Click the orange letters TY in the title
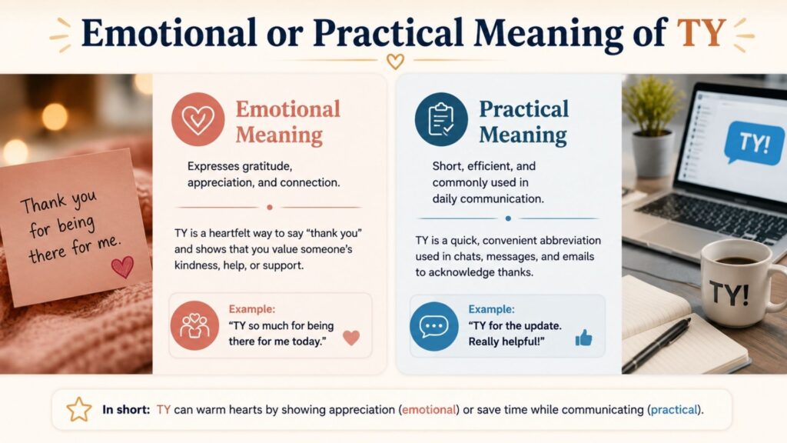(701, 32)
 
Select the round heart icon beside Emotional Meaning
(198, 119)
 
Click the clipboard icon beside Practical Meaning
(441, 119)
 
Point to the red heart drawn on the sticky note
(122, 267)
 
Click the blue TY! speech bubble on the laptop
(753, 142)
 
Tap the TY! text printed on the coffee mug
(729, 293)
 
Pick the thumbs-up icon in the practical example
(583, 338)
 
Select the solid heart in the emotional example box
(351, 338)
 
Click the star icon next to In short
(79, 409)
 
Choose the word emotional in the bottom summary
(429, 409)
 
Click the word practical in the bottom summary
(674, 409)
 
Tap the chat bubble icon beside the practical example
(434, 326)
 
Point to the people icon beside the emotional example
(194, 325)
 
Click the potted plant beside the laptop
(653, 125)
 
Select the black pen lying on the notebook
(656, 345)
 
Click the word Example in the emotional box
(252, 309)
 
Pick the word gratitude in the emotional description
(266, 166)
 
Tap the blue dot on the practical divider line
(508, 218)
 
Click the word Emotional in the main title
(169, 32)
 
